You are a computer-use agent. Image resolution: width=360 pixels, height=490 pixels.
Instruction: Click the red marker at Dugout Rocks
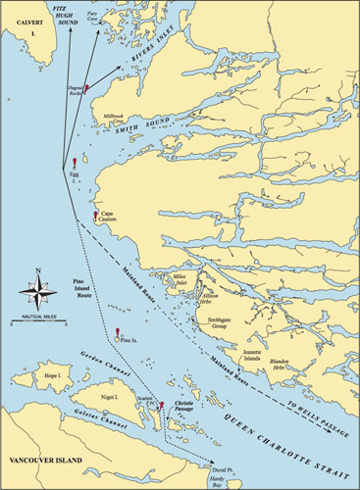[x=88, y=88]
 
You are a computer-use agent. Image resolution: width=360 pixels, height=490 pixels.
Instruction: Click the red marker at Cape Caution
[x=95, y=216]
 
